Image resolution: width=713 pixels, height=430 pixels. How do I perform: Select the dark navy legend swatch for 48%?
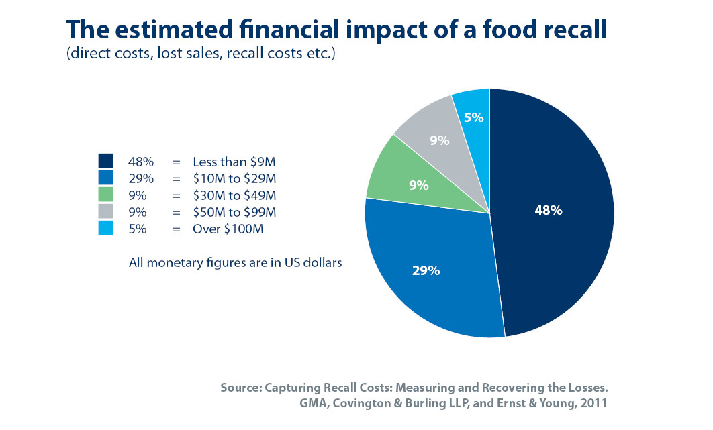(x=105, y=161)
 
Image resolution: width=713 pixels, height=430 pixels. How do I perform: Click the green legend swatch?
(x=105, y=195)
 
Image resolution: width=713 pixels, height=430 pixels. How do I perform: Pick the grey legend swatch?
(x=105, y=211)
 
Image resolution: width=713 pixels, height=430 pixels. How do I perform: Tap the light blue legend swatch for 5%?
(x=105, y=228)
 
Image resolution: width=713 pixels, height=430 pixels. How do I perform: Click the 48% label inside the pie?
(x=548, y=210)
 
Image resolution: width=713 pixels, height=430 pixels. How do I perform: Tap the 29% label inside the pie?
(x=426, y=270)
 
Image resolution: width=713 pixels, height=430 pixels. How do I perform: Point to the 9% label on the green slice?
(x=419, y=185)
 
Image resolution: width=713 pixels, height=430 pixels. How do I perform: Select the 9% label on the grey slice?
(x=440, y=141)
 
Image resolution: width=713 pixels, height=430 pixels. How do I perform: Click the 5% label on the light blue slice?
(x=473, y=117)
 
